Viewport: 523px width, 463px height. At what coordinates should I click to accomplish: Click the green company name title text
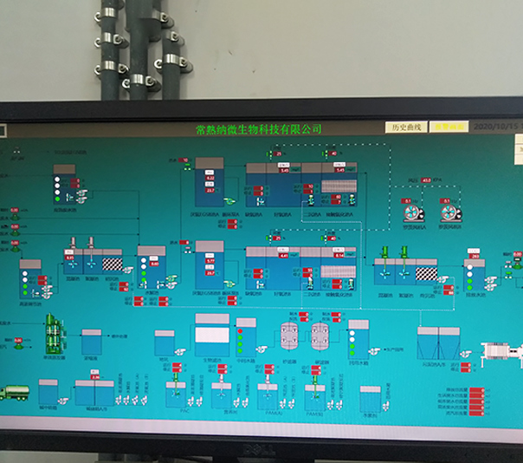coord(259,129)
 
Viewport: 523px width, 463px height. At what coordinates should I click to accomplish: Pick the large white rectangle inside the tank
coord(212,335)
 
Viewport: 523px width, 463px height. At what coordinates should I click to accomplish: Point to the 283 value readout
coord(475,257)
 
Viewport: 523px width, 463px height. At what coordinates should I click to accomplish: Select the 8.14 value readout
coord(339,256)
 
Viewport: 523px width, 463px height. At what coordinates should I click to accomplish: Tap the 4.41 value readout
coord(283,256)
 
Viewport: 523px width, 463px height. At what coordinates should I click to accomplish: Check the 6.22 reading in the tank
coord(210,178)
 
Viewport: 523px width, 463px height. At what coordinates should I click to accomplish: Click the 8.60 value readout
coord(155,263)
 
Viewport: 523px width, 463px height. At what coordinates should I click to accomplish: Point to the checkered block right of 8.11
coord(113,264)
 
